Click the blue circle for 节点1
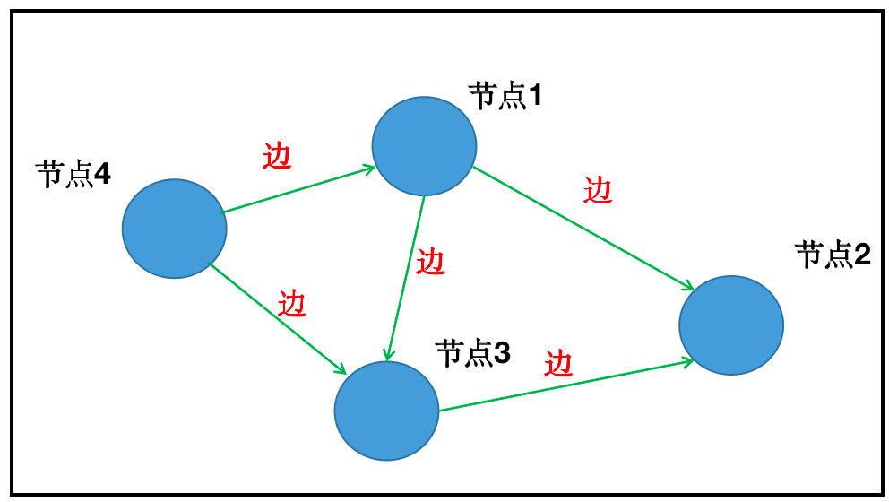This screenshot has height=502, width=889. [x=424, y=146]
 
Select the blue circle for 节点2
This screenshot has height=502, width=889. [x=731, y=325]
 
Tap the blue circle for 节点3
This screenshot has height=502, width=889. [x=386, y=411]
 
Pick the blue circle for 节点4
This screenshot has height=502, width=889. [x=175, y=228]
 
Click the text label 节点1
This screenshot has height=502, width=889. [x=506, y=96]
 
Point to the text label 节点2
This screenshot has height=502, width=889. [x=833, y=256]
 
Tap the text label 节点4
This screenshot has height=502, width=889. [x=73, y=174]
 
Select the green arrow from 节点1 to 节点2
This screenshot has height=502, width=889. [x=583, y=228]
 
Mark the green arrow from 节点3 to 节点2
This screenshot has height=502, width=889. [x=565, y=386]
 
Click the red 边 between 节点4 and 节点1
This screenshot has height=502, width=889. [x=277, y=157]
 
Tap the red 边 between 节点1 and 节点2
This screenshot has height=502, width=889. [x=598, y=190]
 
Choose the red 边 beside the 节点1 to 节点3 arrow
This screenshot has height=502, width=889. [x=431, y=262]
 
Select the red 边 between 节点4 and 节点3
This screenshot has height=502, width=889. [x=292, y=304]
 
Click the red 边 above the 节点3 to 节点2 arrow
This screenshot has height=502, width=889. [x=557, y=363]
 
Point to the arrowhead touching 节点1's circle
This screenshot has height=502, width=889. [x=368, y=169]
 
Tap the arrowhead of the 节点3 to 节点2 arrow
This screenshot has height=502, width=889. [x=689, y=361]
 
